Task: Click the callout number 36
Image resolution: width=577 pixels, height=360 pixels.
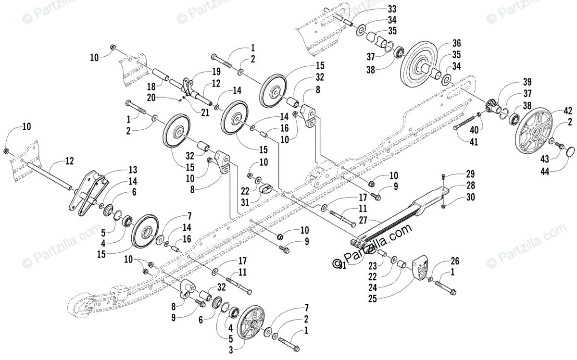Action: [x=456, y=42]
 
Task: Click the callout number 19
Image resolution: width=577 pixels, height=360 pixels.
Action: [x=210, y=72]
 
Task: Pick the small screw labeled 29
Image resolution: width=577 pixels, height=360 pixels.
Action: [x=442, y=178]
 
